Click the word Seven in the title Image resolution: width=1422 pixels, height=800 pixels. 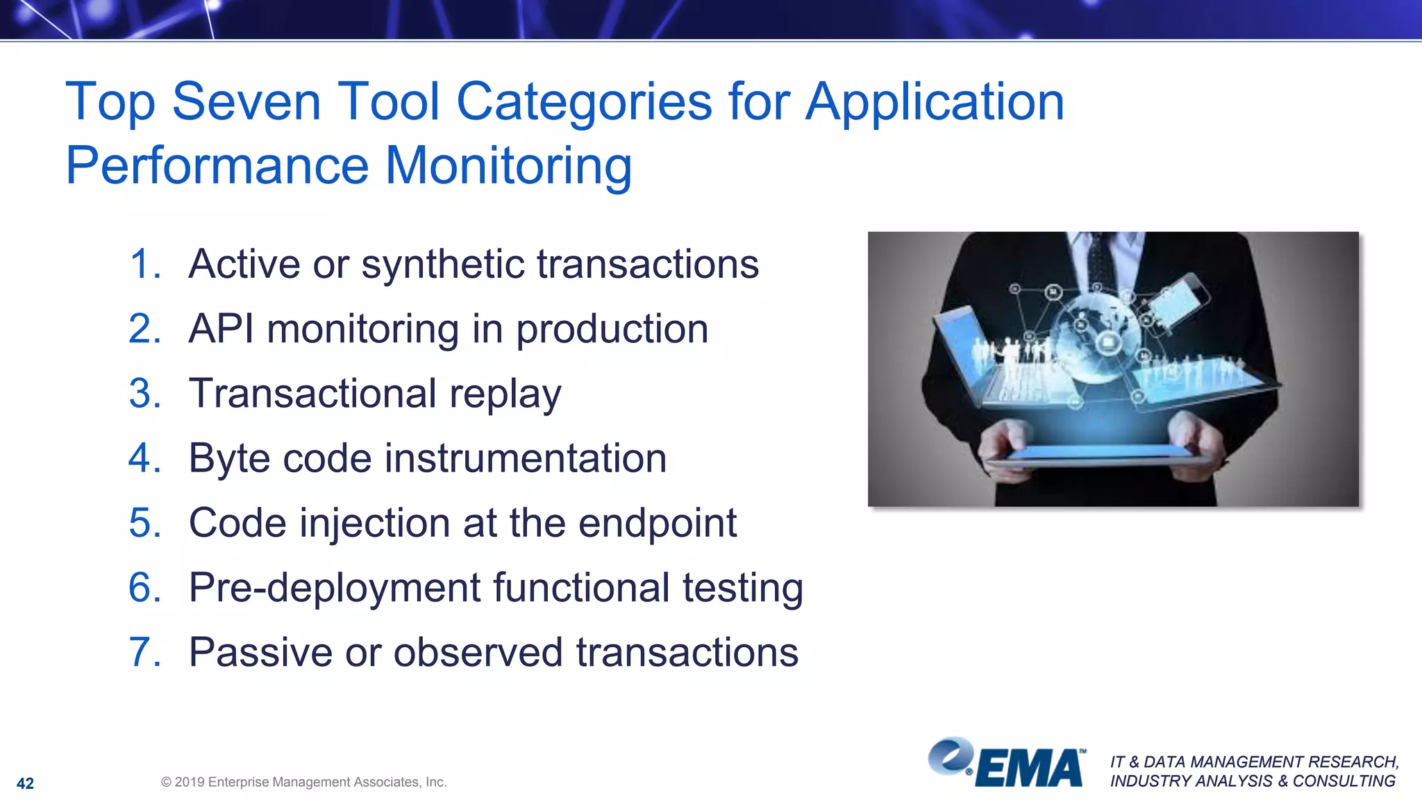click(246, 102)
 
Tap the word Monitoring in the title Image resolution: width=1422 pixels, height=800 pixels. click(508, 166)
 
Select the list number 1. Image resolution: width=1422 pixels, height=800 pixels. click(144, 265)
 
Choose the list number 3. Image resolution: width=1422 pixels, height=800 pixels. click(144, 394)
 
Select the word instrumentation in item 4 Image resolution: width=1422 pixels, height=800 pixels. click(526, 458)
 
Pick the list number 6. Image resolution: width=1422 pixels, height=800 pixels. click(144, 587)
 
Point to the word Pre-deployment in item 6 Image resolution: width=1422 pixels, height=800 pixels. click(334, 588)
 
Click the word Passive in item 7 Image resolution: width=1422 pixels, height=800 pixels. click(260, 652)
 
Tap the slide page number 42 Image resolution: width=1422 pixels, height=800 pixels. click(25, 783)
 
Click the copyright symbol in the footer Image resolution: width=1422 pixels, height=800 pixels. click(166, 782)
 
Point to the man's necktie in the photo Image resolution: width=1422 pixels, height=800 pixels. click(1099, 260)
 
